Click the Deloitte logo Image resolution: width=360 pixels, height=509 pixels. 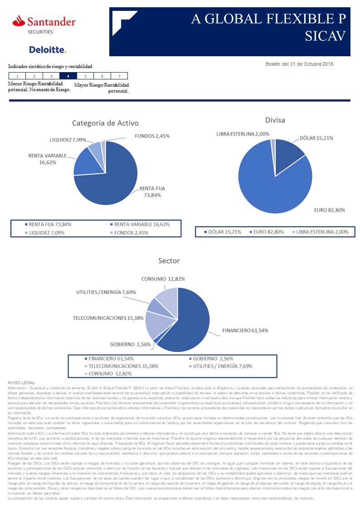click(x=48, y=49)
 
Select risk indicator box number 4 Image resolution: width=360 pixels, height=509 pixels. click(x=68, y=76)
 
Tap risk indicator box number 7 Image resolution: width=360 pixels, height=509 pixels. click(x=119, y=76)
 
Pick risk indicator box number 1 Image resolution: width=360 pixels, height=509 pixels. click(x=17, y=76)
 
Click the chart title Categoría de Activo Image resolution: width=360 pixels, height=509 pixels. click(x=105, y=123)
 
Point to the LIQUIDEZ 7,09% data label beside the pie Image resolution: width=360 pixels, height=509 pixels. click(x=68, y=140)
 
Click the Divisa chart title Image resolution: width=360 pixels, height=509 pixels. click(x=275, y=120)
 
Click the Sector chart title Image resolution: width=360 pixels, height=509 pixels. click(x=169, y=261)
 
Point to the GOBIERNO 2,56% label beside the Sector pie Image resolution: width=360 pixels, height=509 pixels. click(x=131, y=345)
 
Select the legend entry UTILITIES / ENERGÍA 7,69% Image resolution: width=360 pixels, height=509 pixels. click(x=222, y=366)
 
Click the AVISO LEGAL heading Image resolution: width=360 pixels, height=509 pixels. click(x=21, y=383)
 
